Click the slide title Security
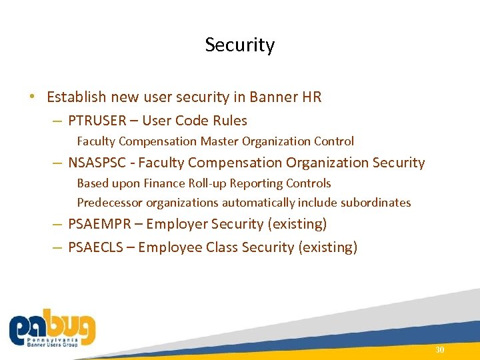[240, 45]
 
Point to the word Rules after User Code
[228, 121]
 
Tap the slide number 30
[439, 350]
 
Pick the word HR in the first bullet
[312, 97]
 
